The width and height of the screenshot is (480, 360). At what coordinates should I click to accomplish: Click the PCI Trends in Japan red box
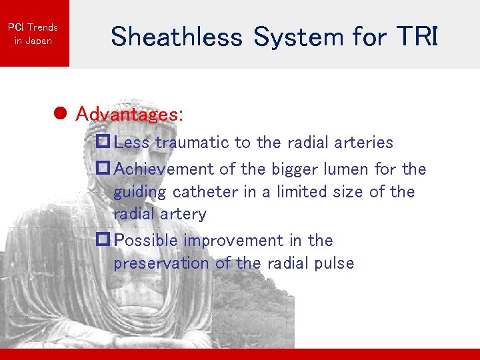(x=33, y=33)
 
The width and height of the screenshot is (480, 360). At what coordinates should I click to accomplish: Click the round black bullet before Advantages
(x=59, y=114)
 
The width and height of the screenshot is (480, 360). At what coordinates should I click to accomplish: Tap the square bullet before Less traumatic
(x=103, y=142)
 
